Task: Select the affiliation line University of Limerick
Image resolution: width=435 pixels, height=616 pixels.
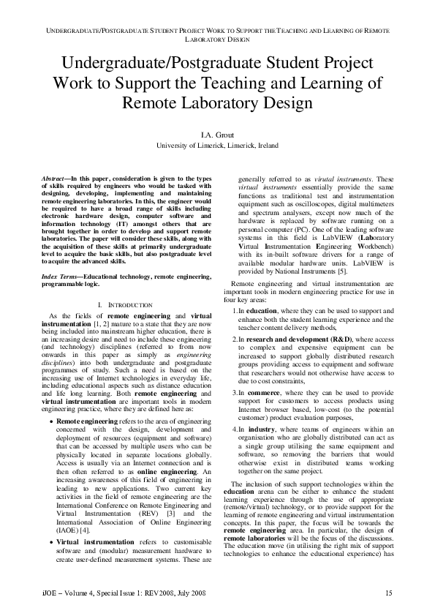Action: point(217,146)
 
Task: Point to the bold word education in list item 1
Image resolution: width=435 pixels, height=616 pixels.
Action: point(262,310)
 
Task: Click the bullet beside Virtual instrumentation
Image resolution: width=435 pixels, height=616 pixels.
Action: point(50,542)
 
